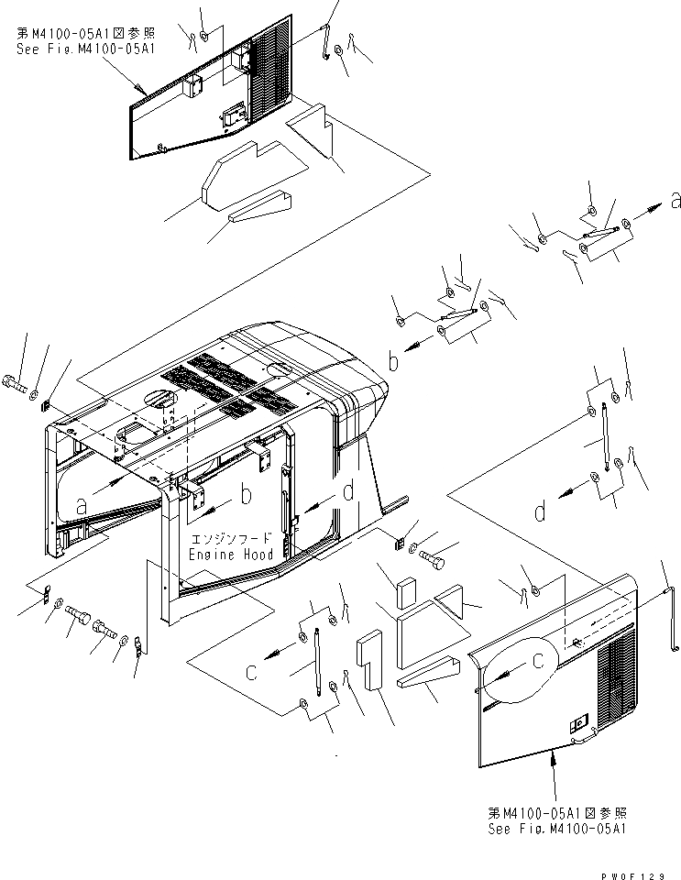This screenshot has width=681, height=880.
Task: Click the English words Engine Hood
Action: pos(225,555)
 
